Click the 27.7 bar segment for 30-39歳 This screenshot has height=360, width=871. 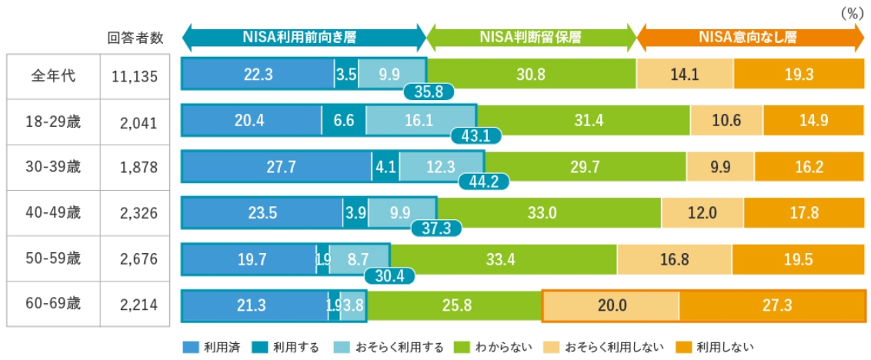point(277,166)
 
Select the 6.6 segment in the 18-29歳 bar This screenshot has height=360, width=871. point(344,120)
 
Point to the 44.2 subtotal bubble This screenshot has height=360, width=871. point(482,182)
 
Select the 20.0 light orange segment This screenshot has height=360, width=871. point(611,305)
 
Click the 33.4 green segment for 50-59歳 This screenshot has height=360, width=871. point(503,259)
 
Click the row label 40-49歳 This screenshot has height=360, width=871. point(54,212)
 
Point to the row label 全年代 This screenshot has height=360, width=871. point(53,76)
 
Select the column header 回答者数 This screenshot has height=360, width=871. point(135,38)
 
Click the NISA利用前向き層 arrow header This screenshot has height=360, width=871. point(304,37)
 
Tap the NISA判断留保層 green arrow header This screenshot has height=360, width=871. point(531,37)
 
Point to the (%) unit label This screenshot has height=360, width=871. point(851,13)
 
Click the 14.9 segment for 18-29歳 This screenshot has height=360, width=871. point(814,120)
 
